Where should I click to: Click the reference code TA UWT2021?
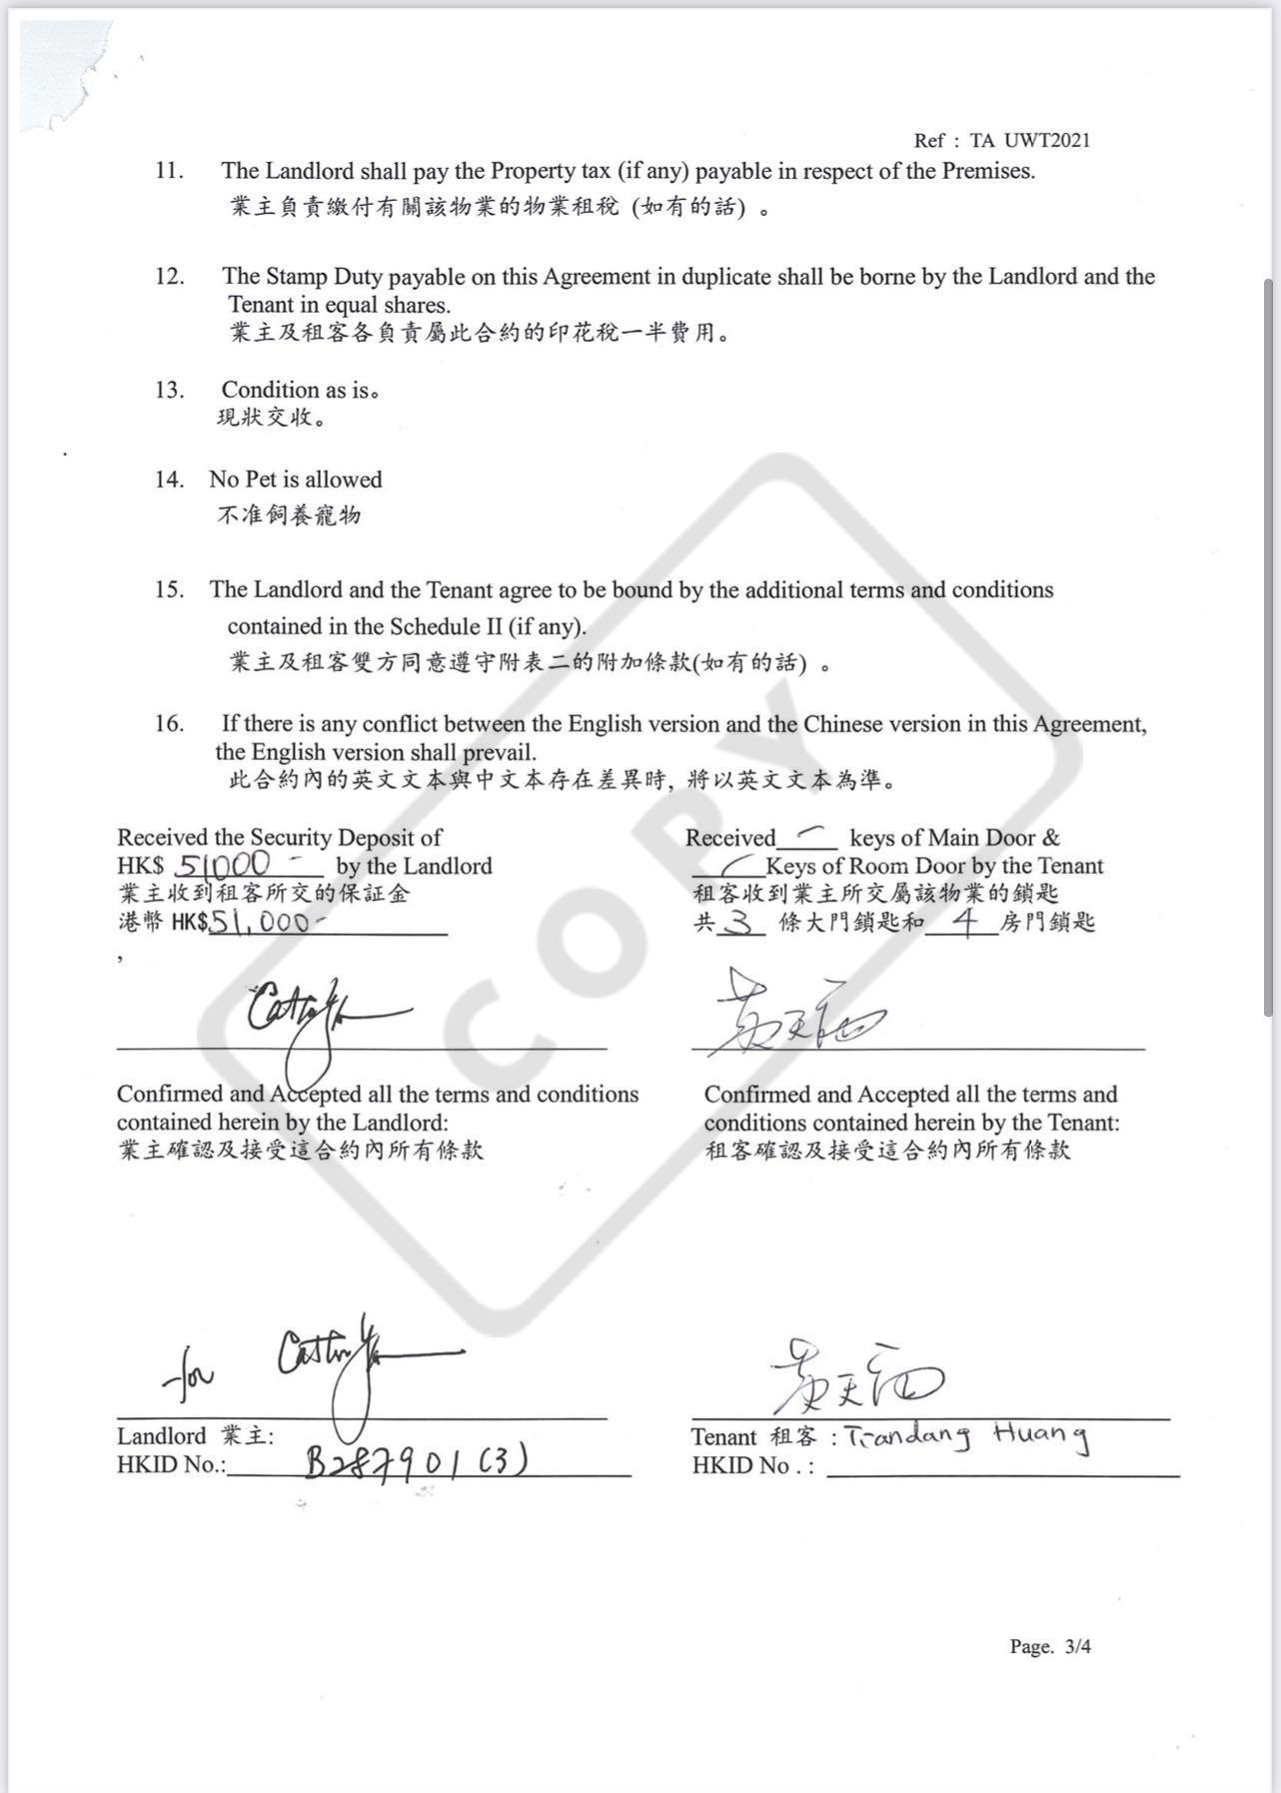1029,141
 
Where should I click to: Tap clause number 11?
169,171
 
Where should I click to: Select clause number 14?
169,479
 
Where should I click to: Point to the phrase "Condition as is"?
296,390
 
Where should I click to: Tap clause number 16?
169,723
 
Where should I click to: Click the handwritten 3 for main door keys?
738,922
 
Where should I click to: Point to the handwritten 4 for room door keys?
964,921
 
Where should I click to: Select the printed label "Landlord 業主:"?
195,1436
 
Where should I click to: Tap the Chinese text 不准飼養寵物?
289,515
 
